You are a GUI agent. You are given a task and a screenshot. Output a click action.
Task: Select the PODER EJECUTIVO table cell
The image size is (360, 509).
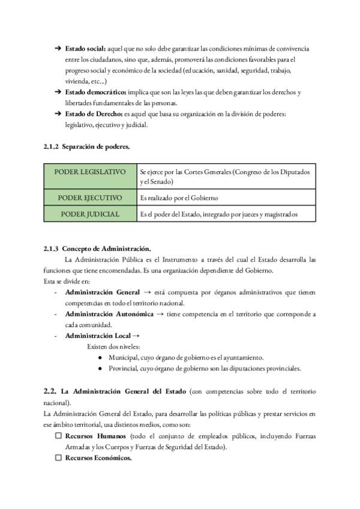(90, 197)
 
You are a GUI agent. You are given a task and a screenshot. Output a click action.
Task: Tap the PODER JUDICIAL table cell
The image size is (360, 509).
(90, 214)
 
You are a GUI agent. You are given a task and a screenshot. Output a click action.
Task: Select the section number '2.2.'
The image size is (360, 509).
(50, 391)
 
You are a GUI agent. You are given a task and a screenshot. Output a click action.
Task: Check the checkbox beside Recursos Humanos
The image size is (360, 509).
(58, 436)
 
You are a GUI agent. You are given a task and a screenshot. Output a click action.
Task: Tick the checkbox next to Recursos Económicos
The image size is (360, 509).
(58, 458)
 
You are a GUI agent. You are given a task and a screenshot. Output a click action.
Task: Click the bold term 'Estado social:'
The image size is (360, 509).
(85, 47)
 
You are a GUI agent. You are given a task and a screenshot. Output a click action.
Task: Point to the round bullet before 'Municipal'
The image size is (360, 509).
(99, 358)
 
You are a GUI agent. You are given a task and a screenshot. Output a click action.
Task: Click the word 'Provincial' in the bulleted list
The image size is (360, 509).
(123, 369)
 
